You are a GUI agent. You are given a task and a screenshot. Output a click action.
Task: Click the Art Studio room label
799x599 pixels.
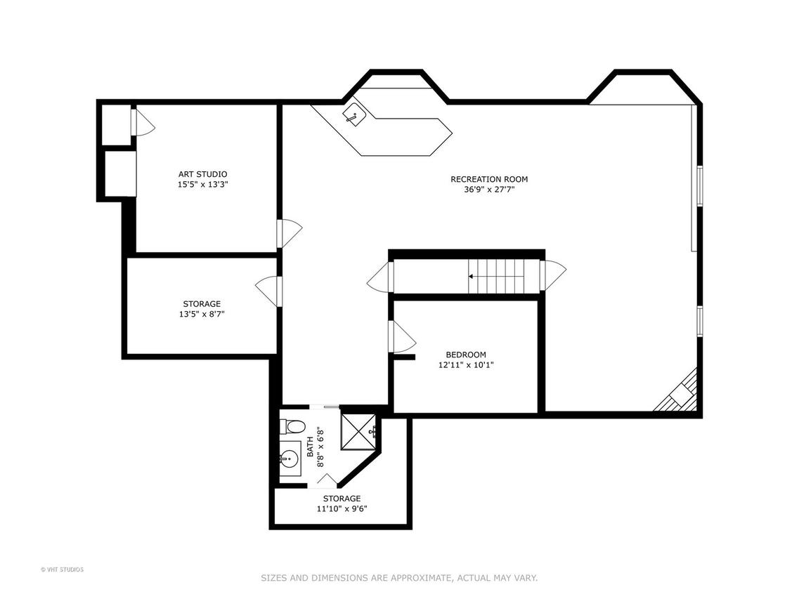pyautogui.click(x=202, y=174)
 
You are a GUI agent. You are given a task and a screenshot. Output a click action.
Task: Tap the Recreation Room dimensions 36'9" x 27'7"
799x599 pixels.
pyautogui.click(x=488, y=190)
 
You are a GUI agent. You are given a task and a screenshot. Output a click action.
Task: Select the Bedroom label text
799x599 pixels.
pyautogui.click(x=466, y=355)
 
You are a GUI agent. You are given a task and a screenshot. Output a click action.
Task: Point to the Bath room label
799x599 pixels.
pyautogui.click(x=311, y=447)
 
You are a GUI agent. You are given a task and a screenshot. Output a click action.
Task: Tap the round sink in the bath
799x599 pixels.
pyautogui.click(x=290, y=459)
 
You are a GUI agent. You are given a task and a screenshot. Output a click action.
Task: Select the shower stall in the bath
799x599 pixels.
pyautogui.click(x=358, y=431)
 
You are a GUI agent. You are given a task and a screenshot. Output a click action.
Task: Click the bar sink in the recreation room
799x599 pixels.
pyautogui.click(x=353, y=114)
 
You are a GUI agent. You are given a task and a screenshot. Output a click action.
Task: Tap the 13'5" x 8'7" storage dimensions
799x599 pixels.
pyautogui.click(x=202, y=315)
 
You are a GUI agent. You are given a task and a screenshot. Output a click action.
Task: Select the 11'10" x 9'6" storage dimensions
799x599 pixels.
pyautogui.click(x=342, y=508)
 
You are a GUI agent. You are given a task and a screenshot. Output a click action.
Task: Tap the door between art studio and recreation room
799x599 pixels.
pyautogui.click(x=290, y=233)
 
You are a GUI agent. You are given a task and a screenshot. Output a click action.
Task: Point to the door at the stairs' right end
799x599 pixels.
pyautogui.click(x=553, y=275)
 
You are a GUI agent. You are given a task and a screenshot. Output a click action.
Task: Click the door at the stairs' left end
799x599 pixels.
pyautogui.click(x=380, y=277)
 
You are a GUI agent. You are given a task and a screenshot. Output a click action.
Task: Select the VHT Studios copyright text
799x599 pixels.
pyautogui.click(x=62, y=570)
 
